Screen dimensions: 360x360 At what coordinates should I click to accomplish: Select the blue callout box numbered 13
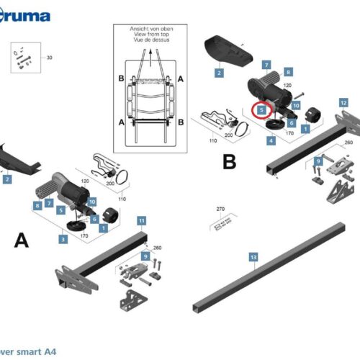click(253, 257)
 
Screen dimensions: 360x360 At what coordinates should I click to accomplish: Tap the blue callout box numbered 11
click(142, 219)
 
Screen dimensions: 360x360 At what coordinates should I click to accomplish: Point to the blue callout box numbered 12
click(343, 103)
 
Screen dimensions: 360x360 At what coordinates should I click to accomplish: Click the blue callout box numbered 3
click(64, 238)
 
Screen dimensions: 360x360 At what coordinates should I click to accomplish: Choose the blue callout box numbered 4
click(271, 140)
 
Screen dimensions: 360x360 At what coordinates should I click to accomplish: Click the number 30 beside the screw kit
click(50, 58)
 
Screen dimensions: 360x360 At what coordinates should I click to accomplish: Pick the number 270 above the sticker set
click(221, 210)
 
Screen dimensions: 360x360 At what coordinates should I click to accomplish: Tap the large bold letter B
click(229, 163)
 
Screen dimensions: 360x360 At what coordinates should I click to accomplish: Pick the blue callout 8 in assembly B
click(288, 72)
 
